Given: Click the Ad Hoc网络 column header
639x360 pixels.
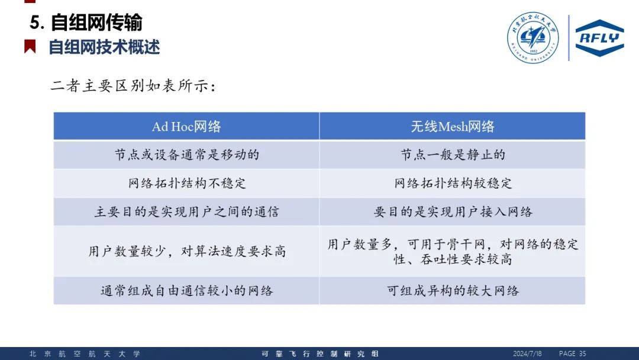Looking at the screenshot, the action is point(186,126).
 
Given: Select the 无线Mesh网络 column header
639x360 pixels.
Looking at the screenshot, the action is point(453,126).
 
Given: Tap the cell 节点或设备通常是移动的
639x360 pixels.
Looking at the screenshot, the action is point(186,155).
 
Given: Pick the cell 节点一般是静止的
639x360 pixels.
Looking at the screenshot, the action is point(453,155).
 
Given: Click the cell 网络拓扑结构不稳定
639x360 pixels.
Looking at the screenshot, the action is point(186,183).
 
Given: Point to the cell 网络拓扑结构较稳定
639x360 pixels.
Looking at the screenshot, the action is point(453,183).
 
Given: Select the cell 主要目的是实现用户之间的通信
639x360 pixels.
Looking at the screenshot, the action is point(186,211).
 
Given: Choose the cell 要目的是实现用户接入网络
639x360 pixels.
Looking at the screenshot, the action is point(453,211).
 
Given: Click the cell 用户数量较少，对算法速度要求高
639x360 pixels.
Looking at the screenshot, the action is point(186,251).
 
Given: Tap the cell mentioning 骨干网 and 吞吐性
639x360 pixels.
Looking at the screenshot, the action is point(453,251).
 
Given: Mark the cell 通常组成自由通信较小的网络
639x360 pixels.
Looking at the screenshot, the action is point(186,291).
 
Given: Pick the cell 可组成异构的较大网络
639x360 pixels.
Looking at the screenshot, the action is point(453,291).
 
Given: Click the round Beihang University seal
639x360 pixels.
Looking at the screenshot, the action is point(532,37).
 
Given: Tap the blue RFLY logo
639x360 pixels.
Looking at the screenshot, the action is point(599,38).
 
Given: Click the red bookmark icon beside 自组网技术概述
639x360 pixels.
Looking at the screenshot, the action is point(30,46).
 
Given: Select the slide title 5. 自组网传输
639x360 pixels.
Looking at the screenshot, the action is point(86,22).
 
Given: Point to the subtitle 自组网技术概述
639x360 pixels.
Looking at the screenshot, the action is point(104,47).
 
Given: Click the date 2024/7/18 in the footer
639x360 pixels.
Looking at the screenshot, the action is point(527,353).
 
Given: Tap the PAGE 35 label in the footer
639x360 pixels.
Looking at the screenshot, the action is point(572,353).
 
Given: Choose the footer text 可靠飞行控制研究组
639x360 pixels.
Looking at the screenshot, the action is point(320,354).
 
